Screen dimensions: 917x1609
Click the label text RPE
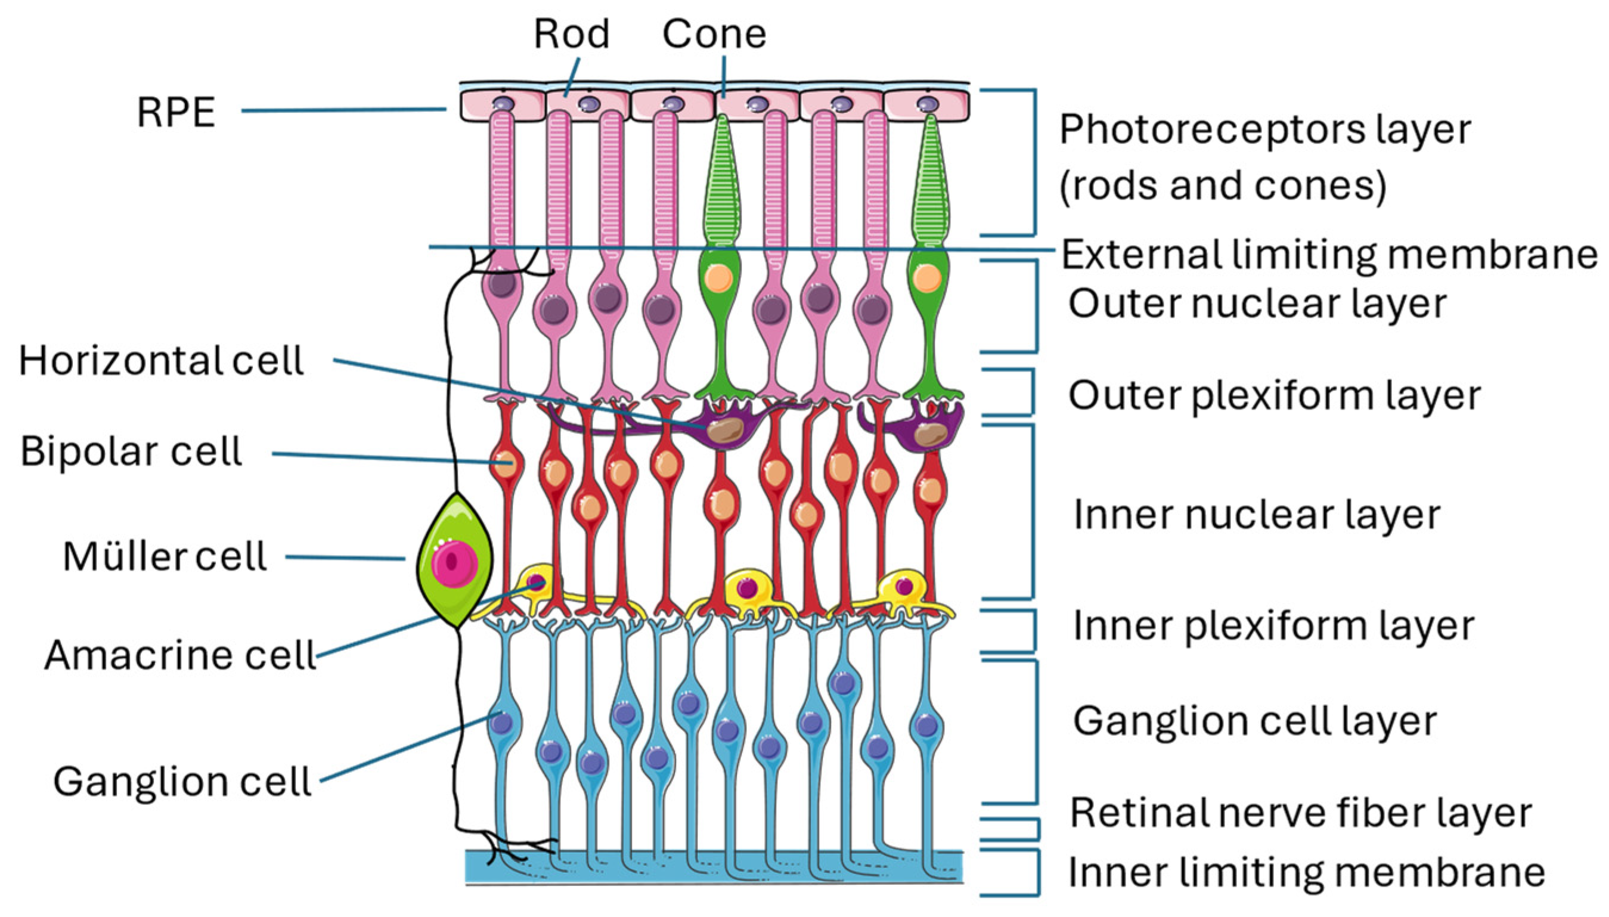pyautogui.click(x=176, y=113)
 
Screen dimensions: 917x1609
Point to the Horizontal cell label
pyautogui.click(x=161, y=361)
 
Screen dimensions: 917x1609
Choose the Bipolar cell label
pyautogui.click(x=131, y=451)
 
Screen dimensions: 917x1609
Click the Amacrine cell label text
pyautogui.click(x=180, y=655)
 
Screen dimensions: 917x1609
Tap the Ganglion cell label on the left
pyautogui.click(x=182, y=782)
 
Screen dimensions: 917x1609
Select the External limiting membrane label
pyautogui.click(x=1329, y=255)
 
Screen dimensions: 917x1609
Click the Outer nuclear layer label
pyautogui.click(x=1257, y=303)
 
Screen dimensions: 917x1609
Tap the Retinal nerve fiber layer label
pyautogui.click(x=1300, y=813)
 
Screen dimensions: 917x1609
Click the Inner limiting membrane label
pyautogui.click(x=1306, y=872)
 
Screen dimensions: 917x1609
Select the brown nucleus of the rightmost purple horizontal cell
pyautogui.click(x=929, y=435)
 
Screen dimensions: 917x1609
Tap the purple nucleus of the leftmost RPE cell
pyautogui.click(x=503, y=104)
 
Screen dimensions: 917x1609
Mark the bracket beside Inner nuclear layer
pyautogui.click(x=1031, y=512)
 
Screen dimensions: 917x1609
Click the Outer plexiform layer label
pyautogui.click(x=1274, y=395)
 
